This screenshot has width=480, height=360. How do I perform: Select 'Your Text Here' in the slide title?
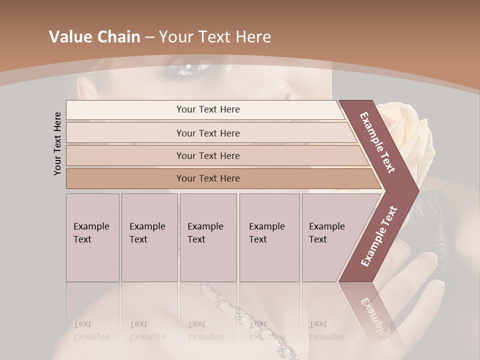point(215,37)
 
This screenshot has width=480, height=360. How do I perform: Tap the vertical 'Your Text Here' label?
point(57,143)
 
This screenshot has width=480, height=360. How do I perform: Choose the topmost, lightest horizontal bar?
point(207,109)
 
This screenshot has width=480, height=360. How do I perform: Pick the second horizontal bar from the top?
point(207,133)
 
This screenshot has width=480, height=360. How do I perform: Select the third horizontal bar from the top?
point(207,155)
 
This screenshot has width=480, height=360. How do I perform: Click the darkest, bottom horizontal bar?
point(207,178)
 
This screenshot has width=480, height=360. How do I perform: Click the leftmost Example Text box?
point(92,237)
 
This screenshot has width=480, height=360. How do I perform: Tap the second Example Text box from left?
point(149,237)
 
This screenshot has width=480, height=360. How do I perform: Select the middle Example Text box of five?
point(208,237)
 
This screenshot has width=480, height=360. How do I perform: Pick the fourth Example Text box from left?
point(269,237)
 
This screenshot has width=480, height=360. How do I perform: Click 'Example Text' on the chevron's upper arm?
point(378,142)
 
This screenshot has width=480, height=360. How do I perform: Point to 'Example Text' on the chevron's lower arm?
point(379,236)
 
